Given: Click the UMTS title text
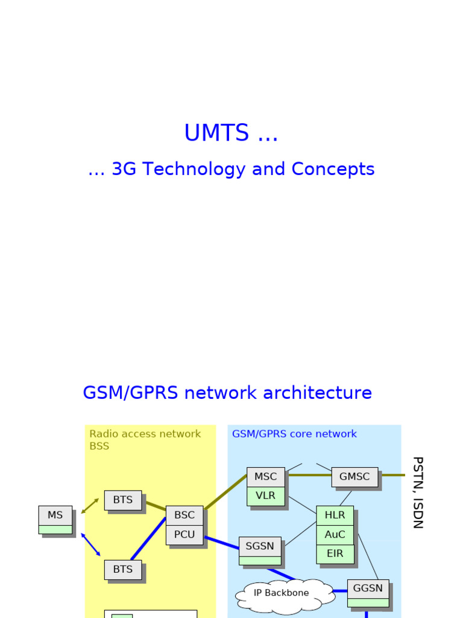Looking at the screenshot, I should [x=231, y=133].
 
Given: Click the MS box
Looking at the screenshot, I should [x=55, y=515].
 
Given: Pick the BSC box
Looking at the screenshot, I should [x=184, y=515].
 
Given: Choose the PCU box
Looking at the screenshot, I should [x=184, y=534].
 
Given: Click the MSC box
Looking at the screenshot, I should [x=265, y=477].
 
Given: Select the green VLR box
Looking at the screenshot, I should [x=265, y=495].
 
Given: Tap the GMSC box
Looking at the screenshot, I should [x=354, y=477].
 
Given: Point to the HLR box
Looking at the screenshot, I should [x=335, y=515].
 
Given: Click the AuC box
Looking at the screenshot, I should [x=335, y=535].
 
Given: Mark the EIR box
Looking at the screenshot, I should [x=335, y=553].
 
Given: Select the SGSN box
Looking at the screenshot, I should [x=260, y=547].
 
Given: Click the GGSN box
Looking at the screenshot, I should [x=368, y=589].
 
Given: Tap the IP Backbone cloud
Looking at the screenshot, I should [x=282, y=593].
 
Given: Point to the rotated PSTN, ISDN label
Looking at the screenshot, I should [x=417, y=492].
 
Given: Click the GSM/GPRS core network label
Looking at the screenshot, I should [x=294, y=434].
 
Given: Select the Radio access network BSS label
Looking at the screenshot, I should [x=145, y=440].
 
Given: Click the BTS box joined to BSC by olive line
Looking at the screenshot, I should [x=123, y=500].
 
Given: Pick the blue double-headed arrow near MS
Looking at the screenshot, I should [x=90, y=544].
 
